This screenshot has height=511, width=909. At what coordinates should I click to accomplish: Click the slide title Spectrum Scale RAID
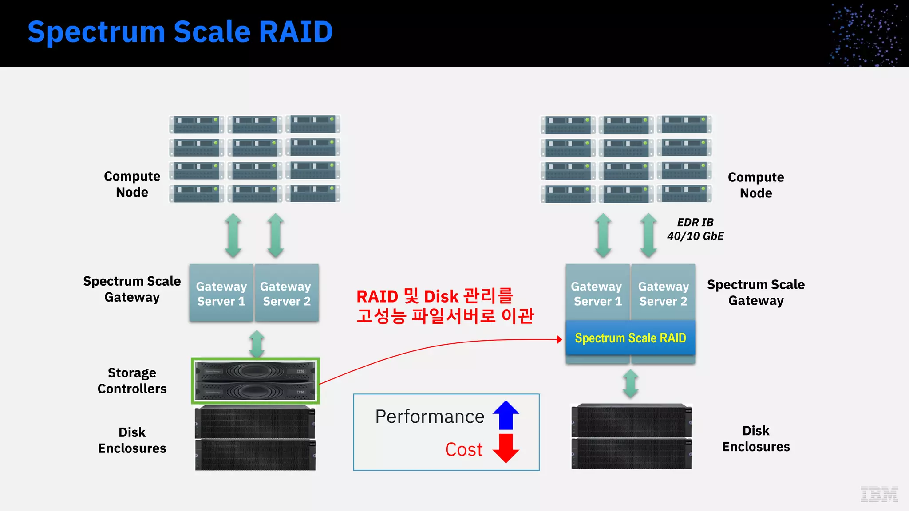(x=180, y=32)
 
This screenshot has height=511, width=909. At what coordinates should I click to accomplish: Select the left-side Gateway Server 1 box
(x=221, y=293)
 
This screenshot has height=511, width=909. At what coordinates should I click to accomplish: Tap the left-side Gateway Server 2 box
(x=286, y=293)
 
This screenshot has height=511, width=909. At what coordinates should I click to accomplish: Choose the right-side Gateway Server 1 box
(x=597, y=293)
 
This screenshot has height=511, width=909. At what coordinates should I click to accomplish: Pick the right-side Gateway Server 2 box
(x=663, y=293)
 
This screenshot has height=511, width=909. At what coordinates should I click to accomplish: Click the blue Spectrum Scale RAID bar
(x=630, y=338)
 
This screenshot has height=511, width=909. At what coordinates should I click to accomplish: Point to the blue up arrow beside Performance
(x=506, y=415)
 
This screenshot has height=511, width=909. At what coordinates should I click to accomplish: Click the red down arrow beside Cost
(x=506, y=448)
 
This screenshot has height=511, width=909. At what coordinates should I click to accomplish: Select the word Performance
(x=429, y=417)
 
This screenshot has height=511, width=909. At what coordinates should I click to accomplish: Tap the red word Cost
(x=463, y=449)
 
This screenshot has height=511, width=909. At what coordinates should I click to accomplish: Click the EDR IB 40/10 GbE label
(x=695, y=229)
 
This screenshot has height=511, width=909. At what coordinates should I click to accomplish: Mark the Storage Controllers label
(x=132, y=381)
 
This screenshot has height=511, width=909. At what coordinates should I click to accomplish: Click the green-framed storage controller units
(x=255, y=381)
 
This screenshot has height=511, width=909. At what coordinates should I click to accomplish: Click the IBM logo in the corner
(x=879, y=494)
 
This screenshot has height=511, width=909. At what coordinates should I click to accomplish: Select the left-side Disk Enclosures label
(x=132, y=440)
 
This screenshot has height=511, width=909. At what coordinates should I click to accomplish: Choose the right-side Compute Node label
(x=755, y=185)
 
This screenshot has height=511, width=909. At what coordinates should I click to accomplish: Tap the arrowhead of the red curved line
(x=560, y=339)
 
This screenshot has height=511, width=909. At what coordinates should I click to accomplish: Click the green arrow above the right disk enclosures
(x=630, y=384)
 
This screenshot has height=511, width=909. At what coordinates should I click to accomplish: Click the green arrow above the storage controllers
(x=257, y=344)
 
